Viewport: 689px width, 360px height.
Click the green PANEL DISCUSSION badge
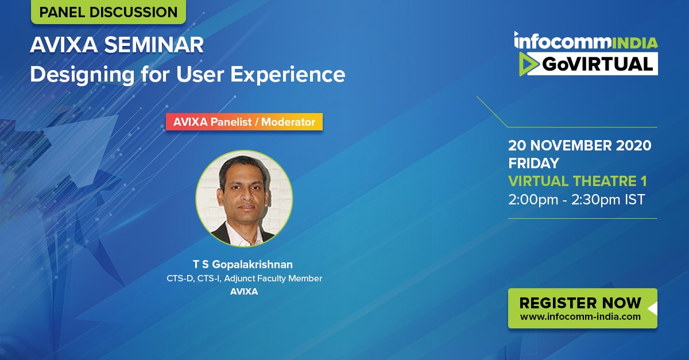(109, 11)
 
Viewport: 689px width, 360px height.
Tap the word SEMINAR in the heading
(154, 45)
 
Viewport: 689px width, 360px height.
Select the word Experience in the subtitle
(288, 75)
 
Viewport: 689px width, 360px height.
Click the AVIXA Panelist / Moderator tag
(244, 122)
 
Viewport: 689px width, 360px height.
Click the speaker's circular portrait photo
(244, 199)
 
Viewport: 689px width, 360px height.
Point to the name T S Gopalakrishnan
(243, 264)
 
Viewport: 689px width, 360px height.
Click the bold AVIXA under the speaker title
(244, 292)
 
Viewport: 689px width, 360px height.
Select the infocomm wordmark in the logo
(563, 40)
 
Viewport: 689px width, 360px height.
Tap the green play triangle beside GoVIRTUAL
(529, 64)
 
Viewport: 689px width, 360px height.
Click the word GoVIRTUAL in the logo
(597, 64)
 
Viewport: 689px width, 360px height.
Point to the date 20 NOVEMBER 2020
(580, 145)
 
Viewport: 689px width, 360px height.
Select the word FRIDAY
(533, 163)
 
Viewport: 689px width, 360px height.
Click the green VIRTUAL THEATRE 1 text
(578, 181)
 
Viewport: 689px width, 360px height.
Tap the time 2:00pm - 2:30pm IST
(576, 199)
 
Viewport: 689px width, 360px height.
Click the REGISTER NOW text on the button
(580, 303)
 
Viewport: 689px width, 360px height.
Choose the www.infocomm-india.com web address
(580, 316)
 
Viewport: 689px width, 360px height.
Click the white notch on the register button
(653, 309)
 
